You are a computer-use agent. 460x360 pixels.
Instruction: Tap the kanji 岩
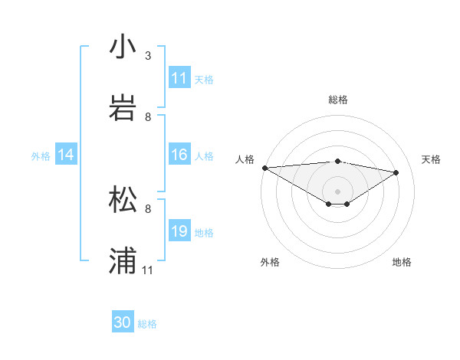coord(123,106)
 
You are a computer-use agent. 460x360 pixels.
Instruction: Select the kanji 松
coord(123,198)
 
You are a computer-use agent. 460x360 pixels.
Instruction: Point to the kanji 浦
coord(123,260)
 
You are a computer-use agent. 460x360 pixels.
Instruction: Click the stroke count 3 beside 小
coord(148,56)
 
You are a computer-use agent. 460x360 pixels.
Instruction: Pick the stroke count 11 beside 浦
coord(148,270)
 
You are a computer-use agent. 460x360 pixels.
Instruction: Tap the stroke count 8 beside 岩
coord(148,117)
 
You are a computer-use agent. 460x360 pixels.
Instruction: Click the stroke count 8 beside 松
coord(148,208)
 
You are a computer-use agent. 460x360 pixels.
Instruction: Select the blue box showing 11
coord(179,78)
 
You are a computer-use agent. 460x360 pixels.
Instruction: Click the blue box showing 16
coord(179,155)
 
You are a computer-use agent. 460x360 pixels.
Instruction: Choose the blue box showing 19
coord(179,231)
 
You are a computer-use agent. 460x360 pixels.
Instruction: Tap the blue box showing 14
coord(66,155)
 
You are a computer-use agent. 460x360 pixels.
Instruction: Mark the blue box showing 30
coord(123,322)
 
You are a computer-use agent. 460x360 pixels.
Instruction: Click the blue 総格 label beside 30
coord(147,324)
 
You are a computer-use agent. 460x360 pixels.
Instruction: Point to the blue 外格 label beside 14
coord(41,156)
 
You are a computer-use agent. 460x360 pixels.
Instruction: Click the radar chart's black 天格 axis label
coord(431,159)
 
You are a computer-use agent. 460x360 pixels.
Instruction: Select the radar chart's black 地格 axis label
coord(402,262)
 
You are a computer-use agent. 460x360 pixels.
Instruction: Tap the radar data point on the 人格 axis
coord(264,168)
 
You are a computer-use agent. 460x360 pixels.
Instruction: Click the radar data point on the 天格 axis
coord(396,172)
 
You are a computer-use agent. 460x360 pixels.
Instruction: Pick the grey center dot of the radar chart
coord(337,191)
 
